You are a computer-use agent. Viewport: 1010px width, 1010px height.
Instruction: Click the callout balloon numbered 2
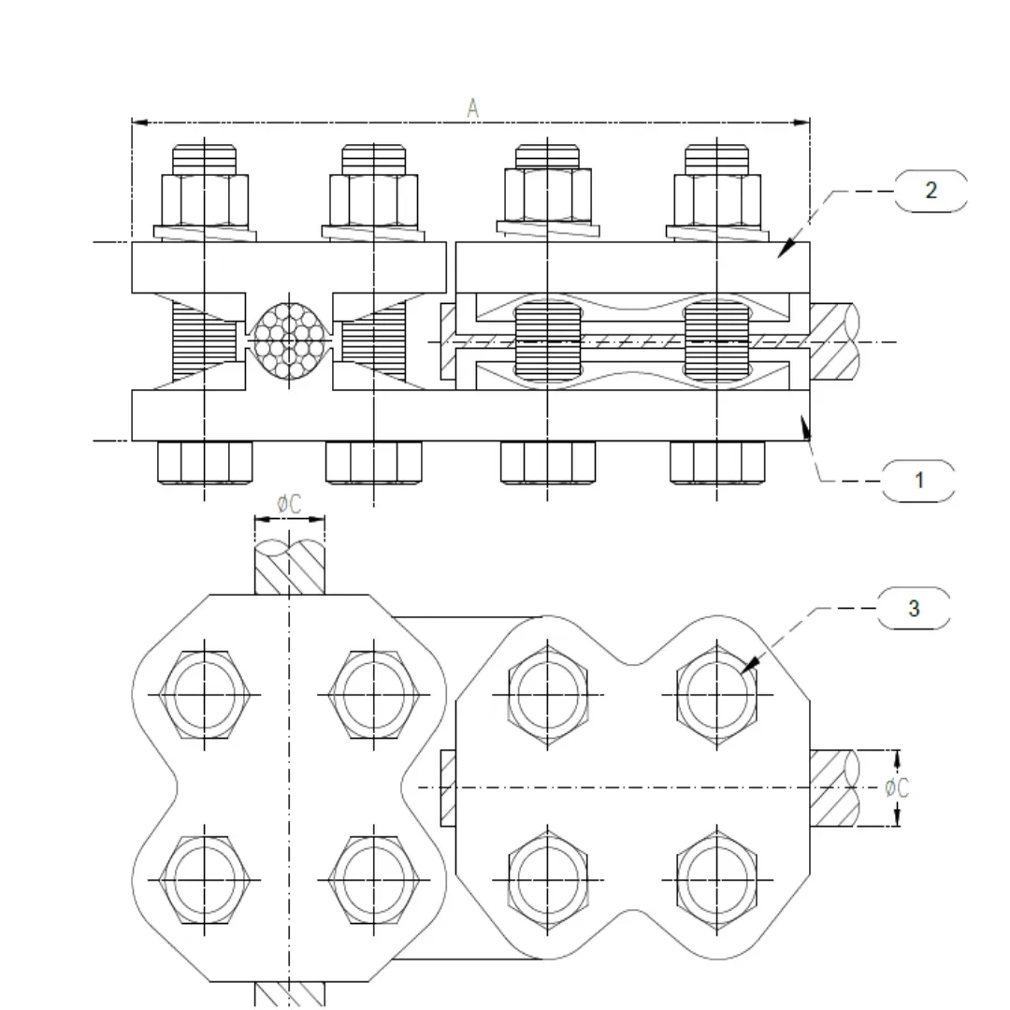931,191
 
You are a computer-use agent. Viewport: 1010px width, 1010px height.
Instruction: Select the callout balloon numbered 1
919,481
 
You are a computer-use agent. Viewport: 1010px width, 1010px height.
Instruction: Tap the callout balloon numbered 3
914,609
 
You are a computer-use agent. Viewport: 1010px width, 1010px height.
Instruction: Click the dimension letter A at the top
473,108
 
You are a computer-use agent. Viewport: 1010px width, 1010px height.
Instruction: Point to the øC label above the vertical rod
289,504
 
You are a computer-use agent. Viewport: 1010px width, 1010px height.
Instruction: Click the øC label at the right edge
897,788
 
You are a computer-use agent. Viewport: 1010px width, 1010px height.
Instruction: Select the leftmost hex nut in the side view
205,199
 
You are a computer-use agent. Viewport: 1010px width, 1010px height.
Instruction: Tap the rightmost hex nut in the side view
717,199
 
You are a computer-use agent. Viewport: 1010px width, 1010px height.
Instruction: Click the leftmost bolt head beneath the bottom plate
205,462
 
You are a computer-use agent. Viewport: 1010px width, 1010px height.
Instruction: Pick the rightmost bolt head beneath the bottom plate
717,462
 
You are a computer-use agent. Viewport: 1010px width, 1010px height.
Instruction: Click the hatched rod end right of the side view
834,341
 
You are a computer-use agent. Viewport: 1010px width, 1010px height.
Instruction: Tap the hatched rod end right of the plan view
834,788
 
